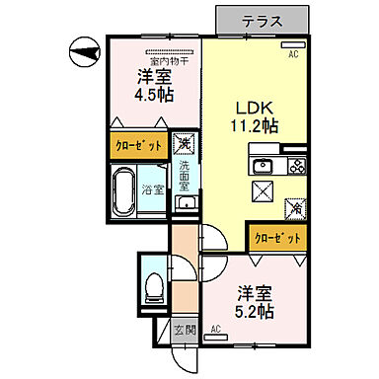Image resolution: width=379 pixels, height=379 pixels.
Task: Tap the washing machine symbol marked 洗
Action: click(186, 145)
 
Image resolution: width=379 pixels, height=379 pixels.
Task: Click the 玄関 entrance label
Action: click(184, 331)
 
